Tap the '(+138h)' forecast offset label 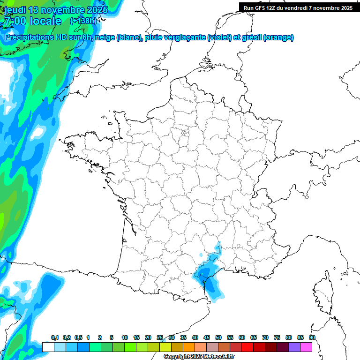point(83,21)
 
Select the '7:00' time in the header point(15,21)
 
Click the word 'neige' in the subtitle point(105,37)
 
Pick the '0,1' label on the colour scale point(55,337)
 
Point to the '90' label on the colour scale point(312,337)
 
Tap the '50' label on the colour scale point(218,337)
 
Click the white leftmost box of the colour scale point(48,347)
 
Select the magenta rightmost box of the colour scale point(306,347)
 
